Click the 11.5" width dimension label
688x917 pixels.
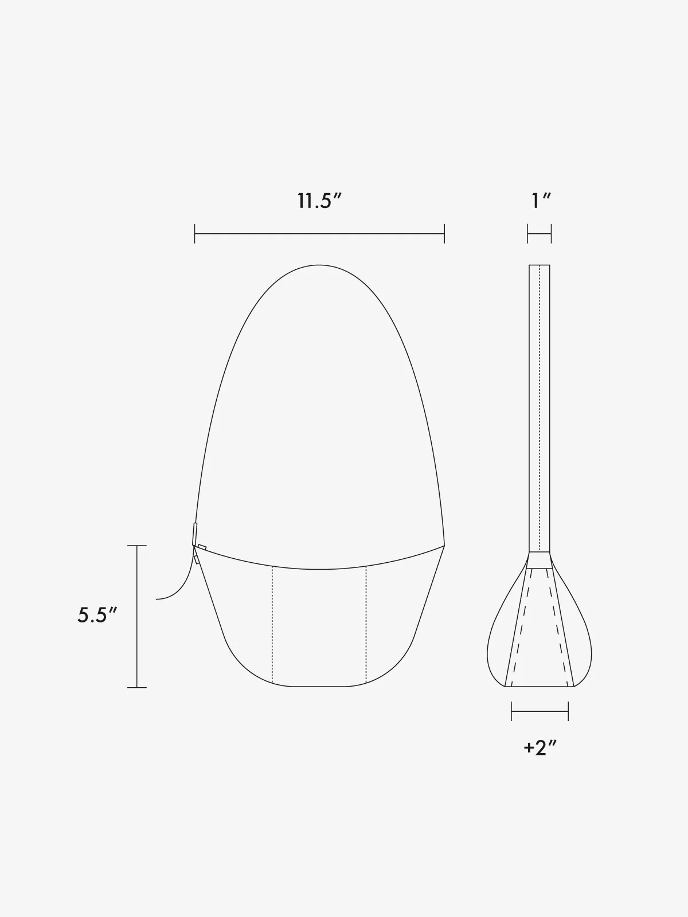(319, 201)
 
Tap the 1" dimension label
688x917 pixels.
(541, 201)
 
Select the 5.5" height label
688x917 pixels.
(97, 616)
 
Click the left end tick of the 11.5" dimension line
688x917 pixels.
(195, 233)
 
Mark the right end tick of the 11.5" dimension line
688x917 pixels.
(444, 233)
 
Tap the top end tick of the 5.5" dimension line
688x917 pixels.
(137, 546)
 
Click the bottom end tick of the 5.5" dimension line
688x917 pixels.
(137, 687)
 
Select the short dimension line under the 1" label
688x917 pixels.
(540, 233)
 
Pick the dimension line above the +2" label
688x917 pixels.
(540, 711)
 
